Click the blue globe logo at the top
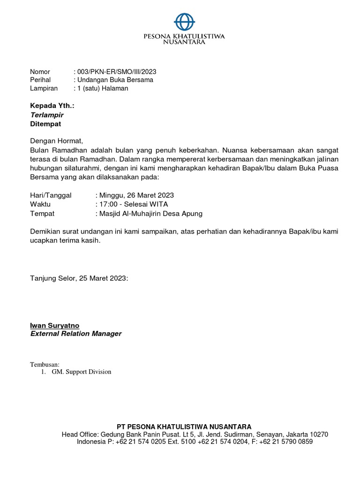click(x=184, y=22)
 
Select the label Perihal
click(x=40, y=80)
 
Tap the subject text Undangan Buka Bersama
click(x=115, y=80)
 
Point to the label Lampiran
click(x=44, y=88)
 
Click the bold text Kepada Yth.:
click(x=52, y=106)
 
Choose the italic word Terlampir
click(x=46, y=115)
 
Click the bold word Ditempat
click(x=45, y=124)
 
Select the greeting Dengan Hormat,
click(x=56, y=141)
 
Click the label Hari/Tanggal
click(x=51, y=195)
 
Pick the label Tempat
click(x=42, y=213)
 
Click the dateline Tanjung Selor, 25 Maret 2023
click(x=79, y=278)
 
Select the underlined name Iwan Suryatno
click(x=54, y=325)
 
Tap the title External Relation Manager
click(x=75, y=334)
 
